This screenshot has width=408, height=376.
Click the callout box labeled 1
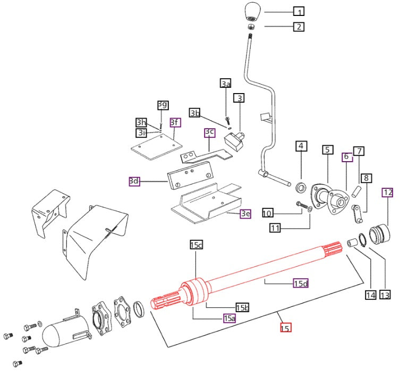[300, 11]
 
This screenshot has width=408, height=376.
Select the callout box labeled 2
[300, 27]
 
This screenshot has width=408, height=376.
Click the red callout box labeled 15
[285, 328]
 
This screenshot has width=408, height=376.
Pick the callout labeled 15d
[301, 283]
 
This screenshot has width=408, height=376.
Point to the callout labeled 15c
[196, 245]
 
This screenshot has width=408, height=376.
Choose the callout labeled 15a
[229, 318]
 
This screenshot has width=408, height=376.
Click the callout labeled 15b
[243, 307]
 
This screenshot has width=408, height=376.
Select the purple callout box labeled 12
[388, 192]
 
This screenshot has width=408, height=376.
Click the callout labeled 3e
[245, 214]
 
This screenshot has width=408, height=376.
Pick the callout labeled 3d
[134, 181]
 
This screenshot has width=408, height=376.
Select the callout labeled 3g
[162, 104]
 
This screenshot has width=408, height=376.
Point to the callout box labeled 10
[267, 213]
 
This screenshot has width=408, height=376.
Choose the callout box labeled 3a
[226, 83]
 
